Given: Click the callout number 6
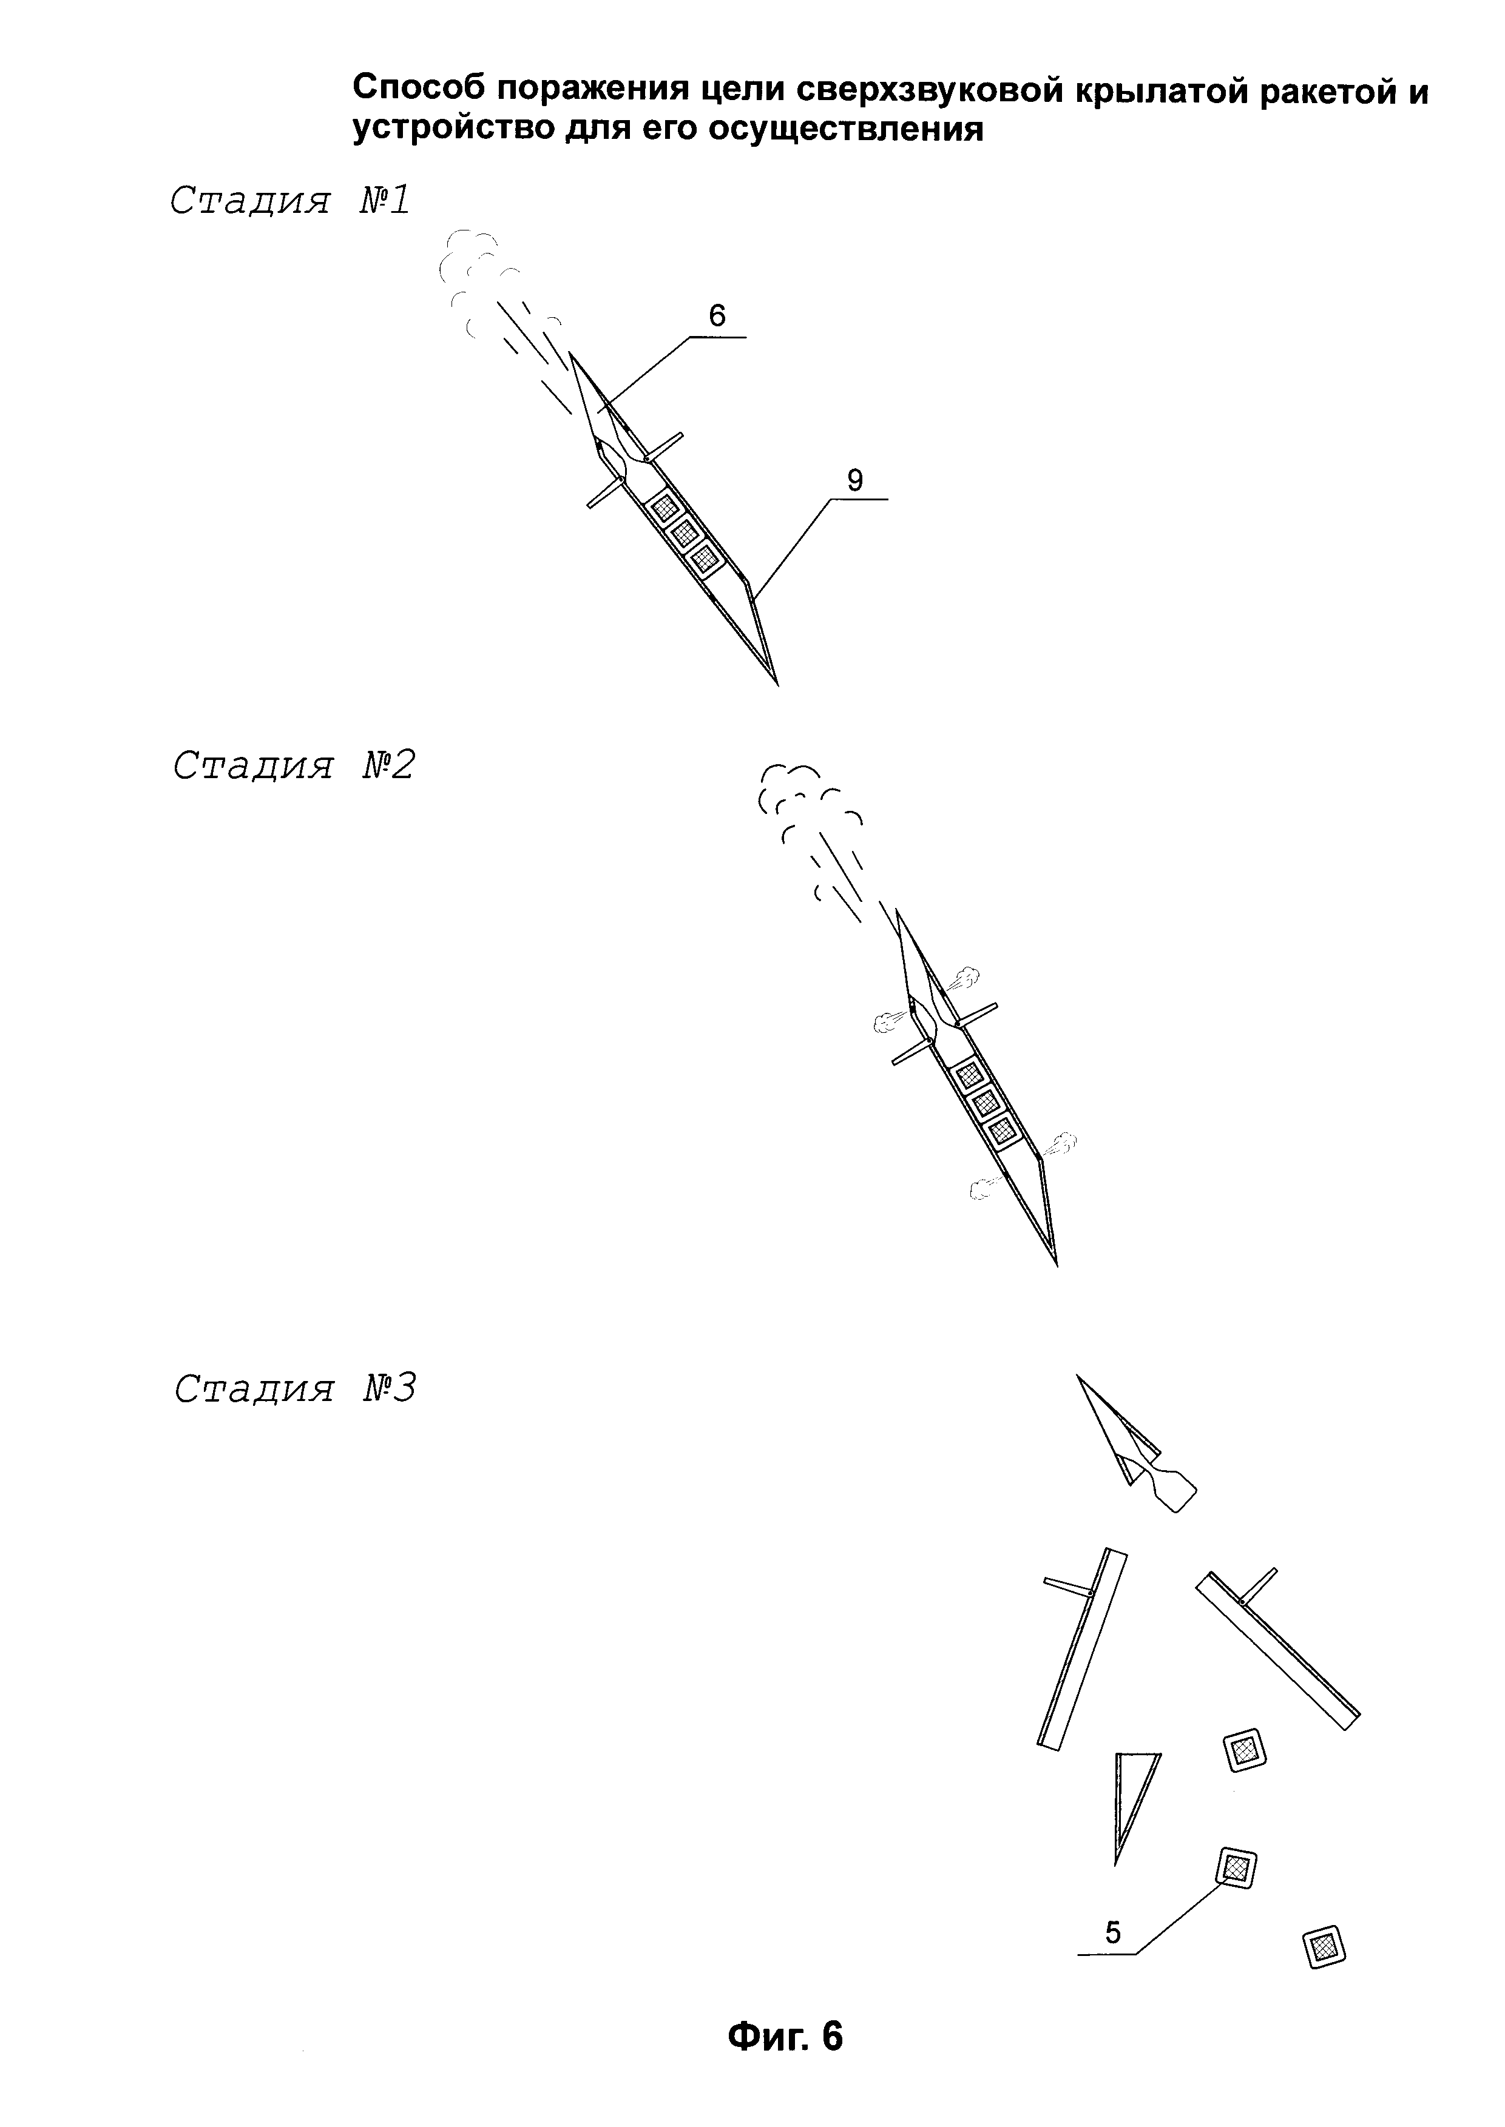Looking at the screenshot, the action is coord(717,317).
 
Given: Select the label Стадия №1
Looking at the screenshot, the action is coord(289,201).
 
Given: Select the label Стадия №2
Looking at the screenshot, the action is coord(294,765).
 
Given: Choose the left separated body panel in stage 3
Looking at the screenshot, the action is coord(1081,1650).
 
